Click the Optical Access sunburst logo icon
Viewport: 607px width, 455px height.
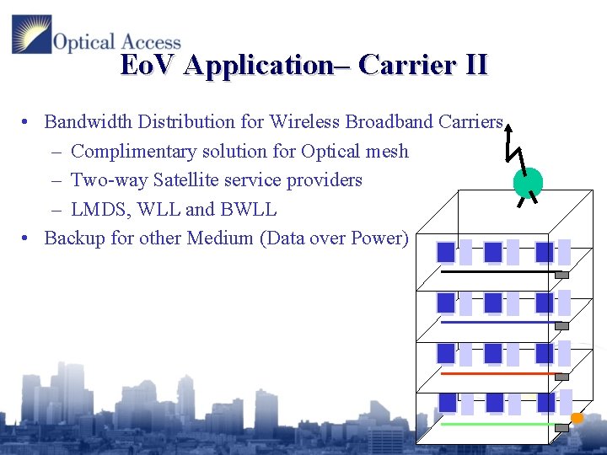pos(31,35)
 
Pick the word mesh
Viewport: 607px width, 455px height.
pos(388,152)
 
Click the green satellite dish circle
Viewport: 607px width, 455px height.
pos(528,181)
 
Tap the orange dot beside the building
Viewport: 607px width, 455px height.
pos(577,419)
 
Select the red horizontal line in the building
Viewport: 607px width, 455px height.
pos(497,373)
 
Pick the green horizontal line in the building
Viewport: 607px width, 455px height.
pos(497,425)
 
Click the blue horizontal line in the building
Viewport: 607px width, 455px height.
pos(497,323)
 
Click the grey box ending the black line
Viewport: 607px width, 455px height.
pos(561,275)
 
